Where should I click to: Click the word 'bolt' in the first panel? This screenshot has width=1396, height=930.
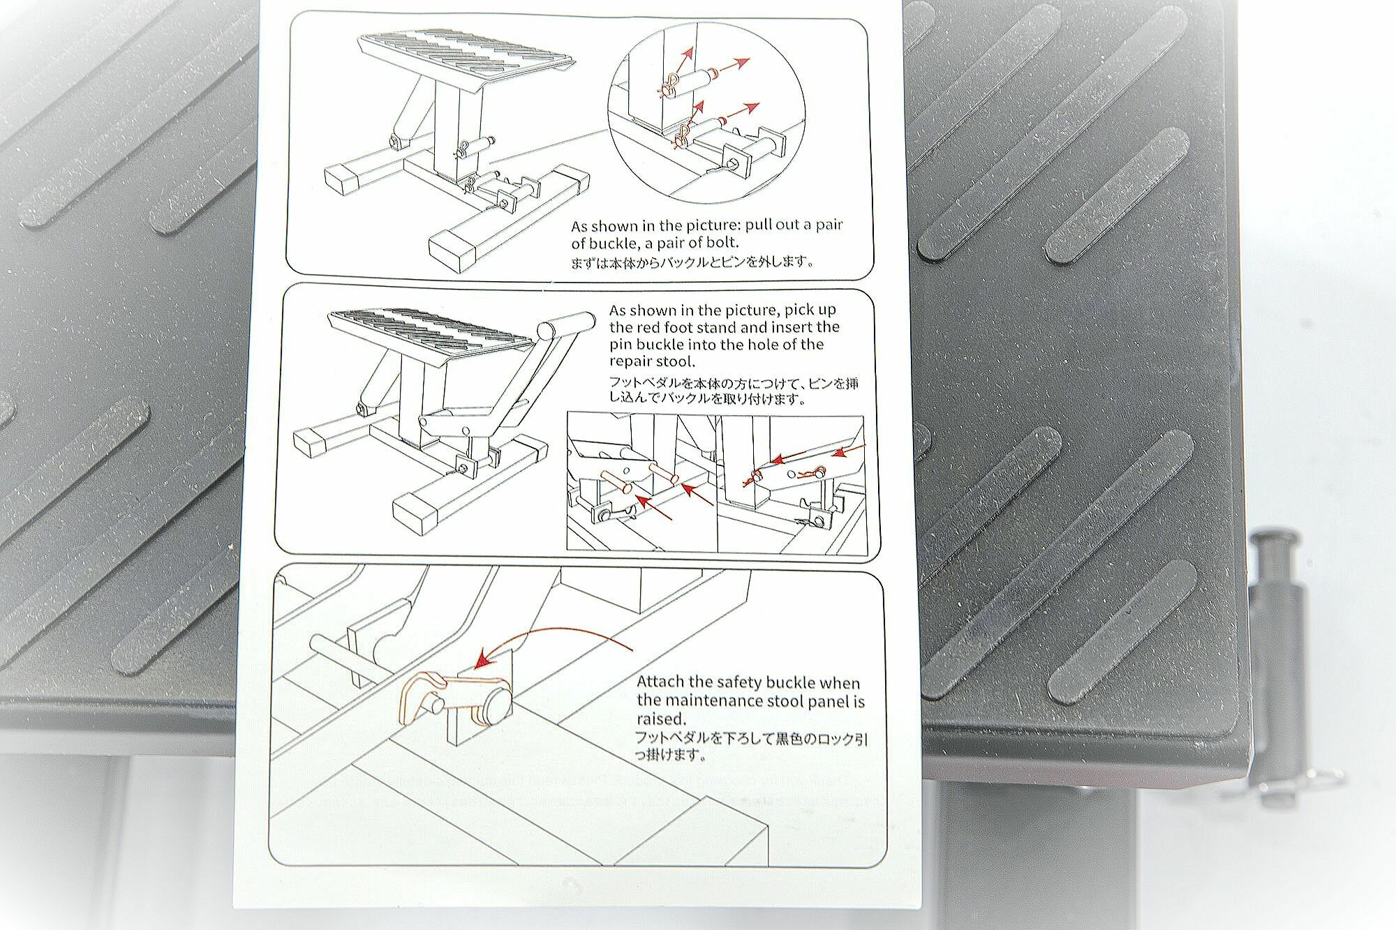[720, 243]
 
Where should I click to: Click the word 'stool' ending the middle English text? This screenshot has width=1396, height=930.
[676, 362]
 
